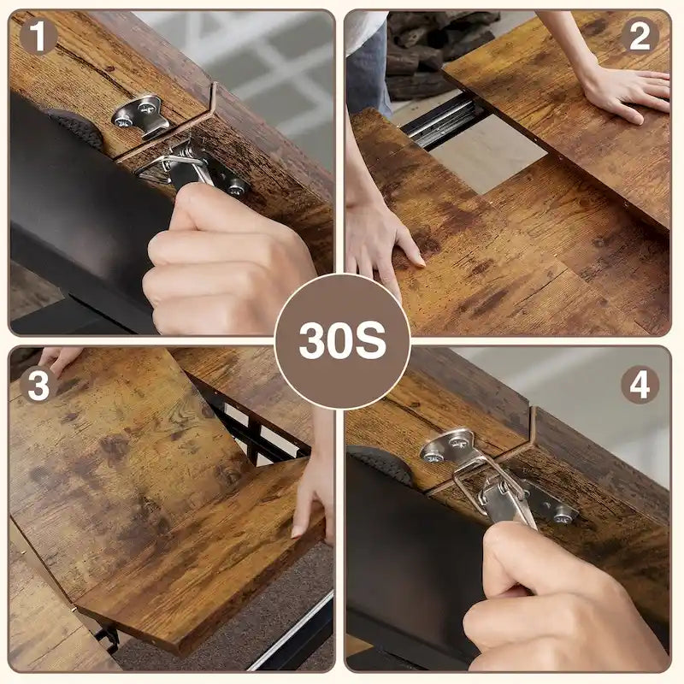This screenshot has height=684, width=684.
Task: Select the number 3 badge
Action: (38, 385)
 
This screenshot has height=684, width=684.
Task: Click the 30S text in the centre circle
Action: (342, 342)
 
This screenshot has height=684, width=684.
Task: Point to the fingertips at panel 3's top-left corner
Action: (60, 357)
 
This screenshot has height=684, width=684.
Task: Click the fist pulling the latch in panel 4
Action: (556, 598)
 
